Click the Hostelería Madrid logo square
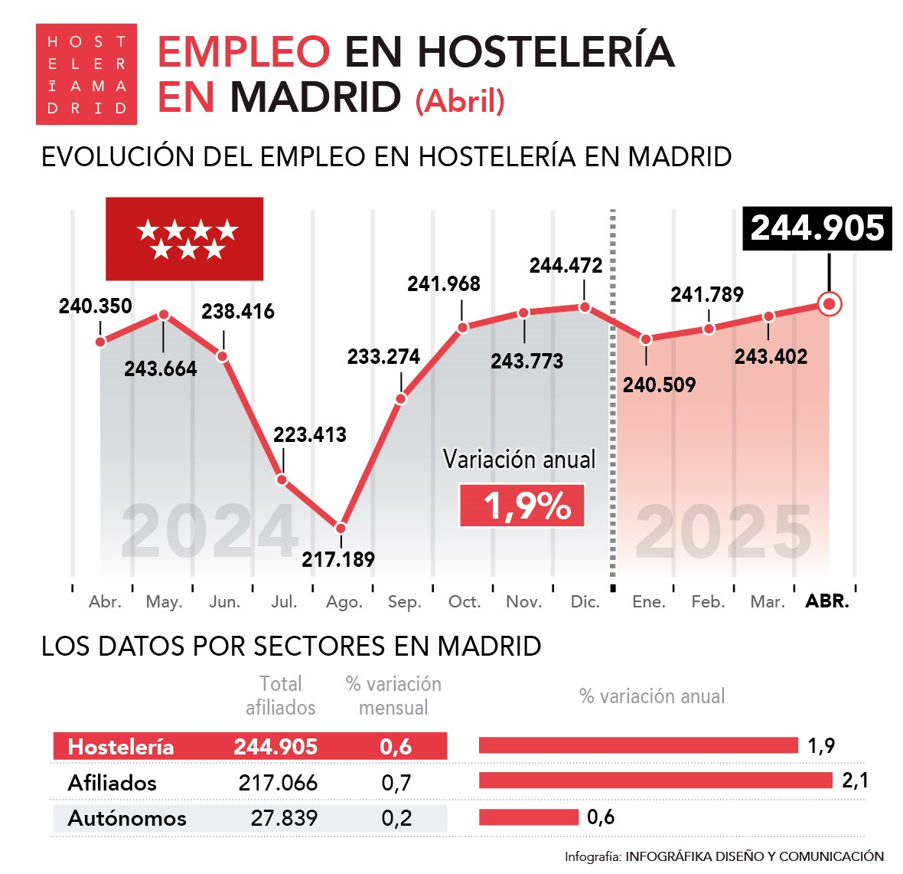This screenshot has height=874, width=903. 86,74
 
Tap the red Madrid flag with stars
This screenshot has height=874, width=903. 184,239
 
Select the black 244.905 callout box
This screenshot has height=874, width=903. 817,228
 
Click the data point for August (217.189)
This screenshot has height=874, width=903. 341,528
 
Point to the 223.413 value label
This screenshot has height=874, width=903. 310,435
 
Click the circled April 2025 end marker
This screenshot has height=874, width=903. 829,304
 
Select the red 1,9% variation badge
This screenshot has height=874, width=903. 522,506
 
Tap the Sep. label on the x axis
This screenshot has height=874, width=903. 404,602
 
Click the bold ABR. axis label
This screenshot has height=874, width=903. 827,601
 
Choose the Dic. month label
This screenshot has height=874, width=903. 585,602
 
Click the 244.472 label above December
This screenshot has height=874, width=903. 566,266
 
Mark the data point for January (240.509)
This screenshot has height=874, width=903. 646,339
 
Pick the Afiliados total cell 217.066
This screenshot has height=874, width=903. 278,783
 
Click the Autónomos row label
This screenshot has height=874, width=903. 127,818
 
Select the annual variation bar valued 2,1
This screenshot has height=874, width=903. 655,781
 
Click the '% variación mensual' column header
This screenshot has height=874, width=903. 393,696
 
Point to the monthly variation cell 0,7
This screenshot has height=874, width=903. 396,783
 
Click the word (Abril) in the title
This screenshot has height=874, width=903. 460,101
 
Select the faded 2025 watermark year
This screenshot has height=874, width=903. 723,532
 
